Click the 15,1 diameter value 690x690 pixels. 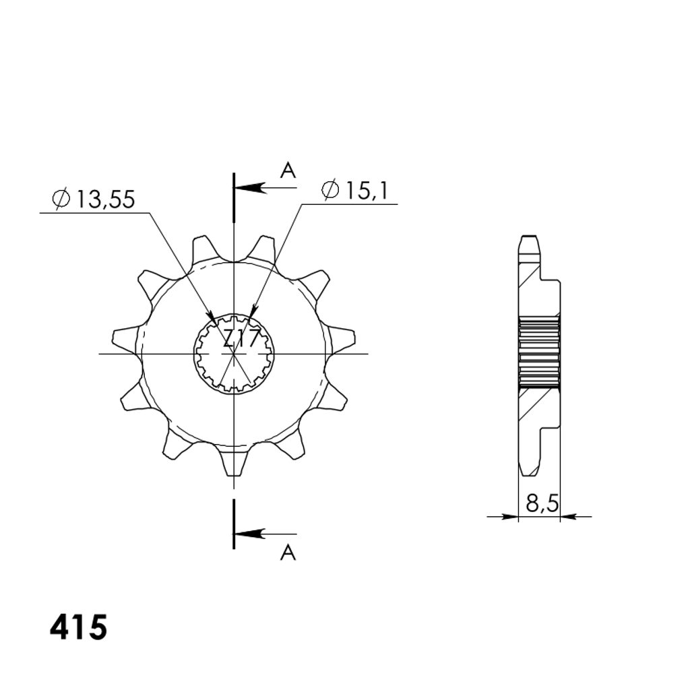pos(366,191)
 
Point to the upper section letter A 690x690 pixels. pos(288,170)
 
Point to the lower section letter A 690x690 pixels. pos(288,553)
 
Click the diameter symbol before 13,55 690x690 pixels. pos(61,199)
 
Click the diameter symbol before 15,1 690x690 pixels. pos(330,190)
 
